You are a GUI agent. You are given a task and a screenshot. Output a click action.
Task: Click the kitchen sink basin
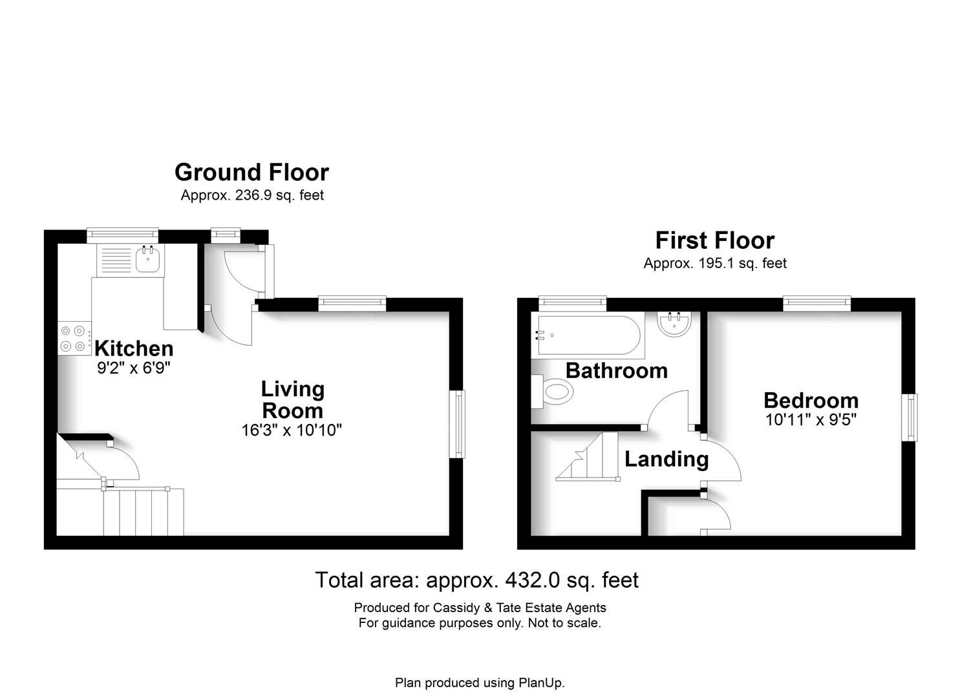pos(148,260)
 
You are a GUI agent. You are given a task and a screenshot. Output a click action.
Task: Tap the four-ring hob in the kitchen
pos(73,339)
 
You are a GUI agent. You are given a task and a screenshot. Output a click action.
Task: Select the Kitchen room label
pos(134,348)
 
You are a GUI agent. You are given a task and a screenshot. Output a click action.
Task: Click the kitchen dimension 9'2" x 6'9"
pos(133,368)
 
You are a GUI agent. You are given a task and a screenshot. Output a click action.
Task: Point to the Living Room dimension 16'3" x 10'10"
pos(292,430)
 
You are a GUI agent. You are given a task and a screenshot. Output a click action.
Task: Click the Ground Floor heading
pos(251,173)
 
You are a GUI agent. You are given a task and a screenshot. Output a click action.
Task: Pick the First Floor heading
pos(714,240)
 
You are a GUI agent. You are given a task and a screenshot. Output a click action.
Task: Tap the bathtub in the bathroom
pos(586,335)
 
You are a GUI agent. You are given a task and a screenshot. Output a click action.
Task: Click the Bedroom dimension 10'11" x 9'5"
pos(811,419)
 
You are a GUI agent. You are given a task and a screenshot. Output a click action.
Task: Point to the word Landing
pos(667,459)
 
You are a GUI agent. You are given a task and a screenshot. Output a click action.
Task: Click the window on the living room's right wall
pos(458,424)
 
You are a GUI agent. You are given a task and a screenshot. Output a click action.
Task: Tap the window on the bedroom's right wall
pos(910,418)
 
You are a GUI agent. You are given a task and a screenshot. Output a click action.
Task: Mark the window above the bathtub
pos(572,301)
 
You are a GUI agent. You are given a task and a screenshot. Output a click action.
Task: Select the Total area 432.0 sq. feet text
pos(476,580)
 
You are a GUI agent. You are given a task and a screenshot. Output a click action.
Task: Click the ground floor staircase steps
pos(144,512)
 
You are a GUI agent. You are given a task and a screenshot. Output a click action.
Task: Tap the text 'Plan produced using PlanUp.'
pos(480,682)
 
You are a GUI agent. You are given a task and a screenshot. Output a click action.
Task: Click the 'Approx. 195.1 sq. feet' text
pos(714,263)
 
